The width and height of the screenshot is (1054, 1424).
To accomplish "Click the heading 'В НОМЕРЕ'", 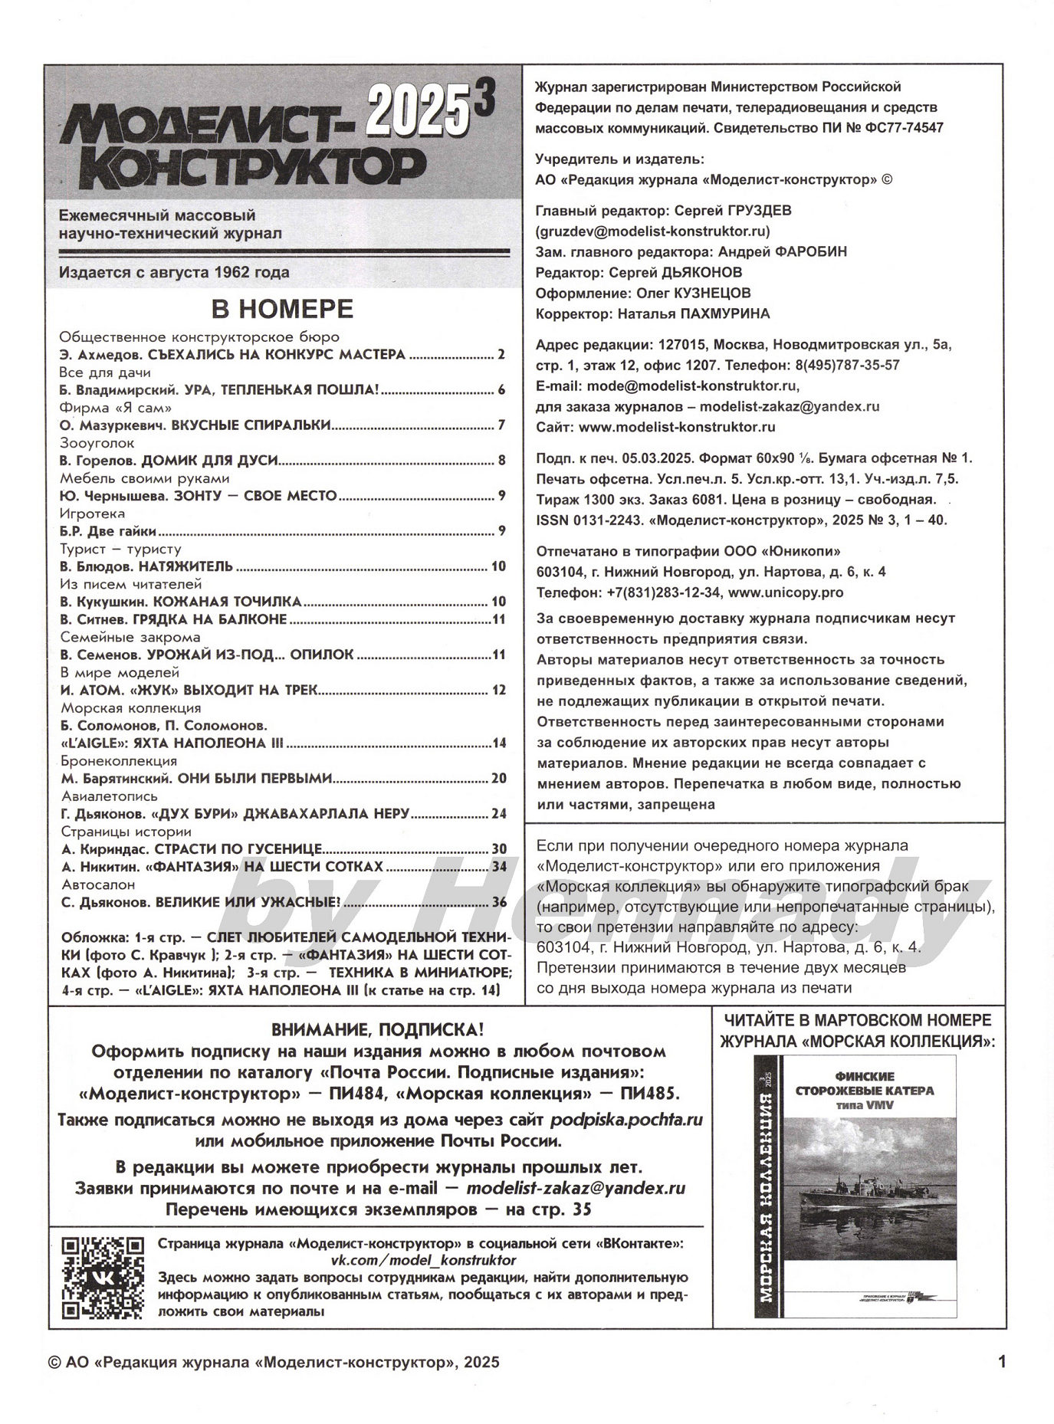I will (282, 309).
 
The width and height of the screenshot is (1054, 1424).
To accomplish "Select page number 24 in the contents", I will (498, 814).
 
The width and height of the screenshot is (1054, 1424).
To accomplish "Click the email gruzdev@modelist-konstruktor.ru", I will (653, 231).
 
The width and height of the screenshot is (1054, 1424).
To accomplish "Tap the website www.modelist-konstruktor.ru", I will (677, 427).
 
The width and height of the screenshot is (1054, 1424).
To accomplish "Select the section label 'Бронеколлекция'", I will (119, 761).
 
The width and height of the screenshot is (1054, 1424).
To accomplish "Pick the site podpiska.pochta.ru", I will (626, 1120).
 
